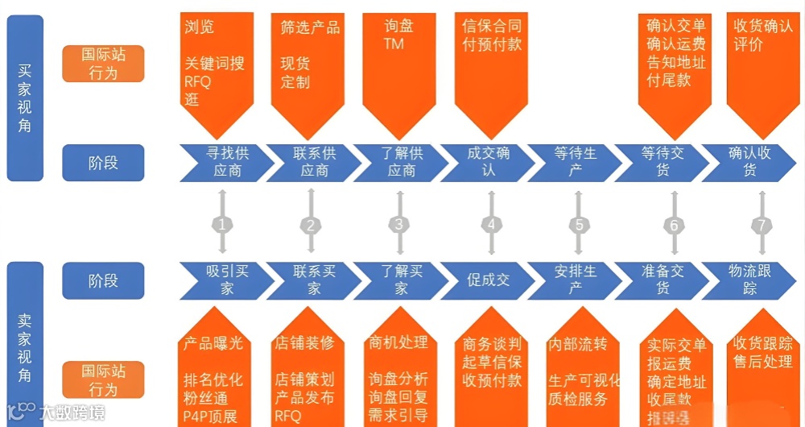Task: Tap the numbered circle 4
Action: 490,225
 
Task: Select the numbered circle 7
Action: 761,225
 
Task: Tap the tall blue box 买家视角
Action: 25,97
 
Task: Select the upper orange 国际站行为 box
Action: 103,63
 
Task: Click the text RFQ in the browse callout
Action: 197,81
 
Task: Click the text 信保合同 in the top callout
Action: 491,26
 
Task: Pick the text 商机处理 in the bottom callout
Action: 398,342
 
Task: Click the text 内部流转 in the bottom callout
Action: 577,344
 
